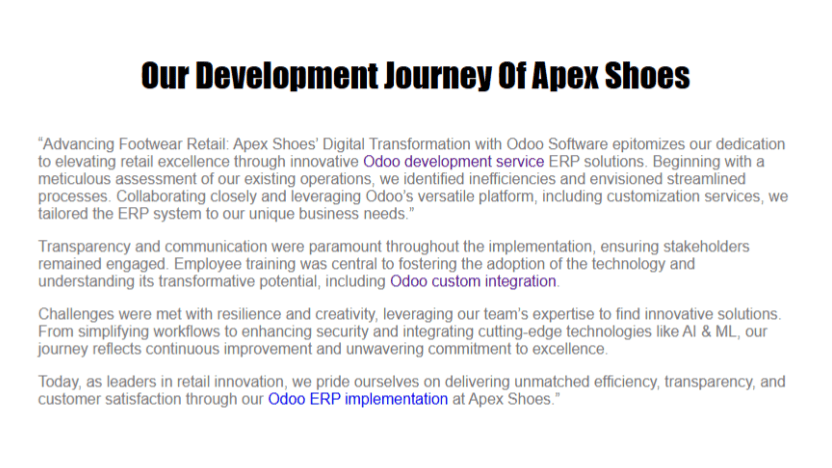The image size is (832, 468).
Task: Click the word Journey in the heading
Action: [438, 76]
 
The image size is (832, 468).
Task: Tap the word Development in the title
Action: [287, 76]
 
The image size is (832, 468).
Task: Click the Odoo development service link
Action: [454, 162]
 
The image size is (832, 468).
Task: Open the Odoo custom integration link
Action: [473, 281]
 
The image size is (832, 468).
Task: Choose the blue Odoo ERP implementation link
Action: [358, 399]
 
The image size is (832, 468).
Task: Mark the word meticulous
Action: [74, 179]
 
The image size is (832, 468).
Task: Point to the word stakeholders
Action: [707, 246]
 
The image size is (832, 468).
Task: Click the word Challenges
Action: [76, 314]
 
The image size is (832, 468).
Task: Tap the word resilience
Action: [249, 314]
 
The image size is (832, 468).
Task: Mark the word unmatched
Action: [552, 382]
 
